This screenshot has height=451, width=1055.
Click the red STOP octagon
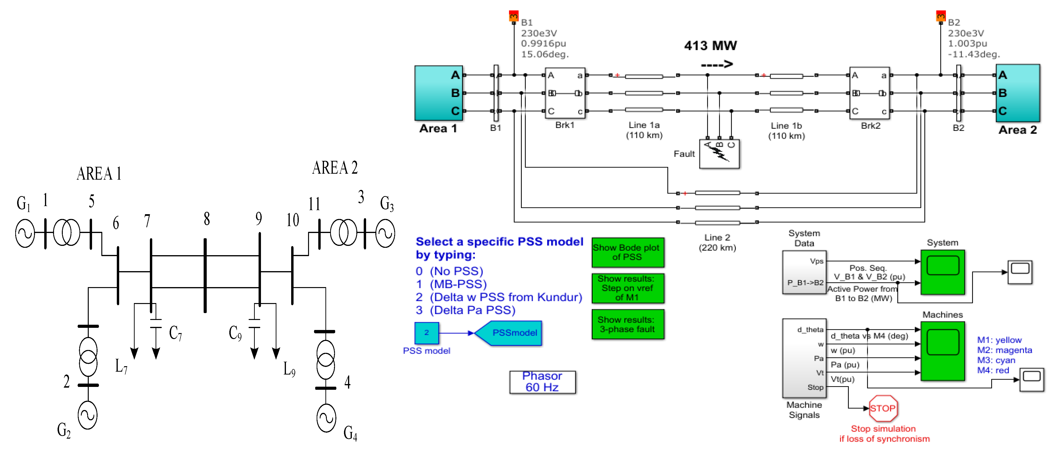tap(883, 408)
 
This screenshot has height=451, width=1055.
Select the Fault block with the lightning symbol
tap(719, 154)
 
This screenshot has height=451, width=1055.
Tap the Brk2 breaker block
tap(869, 93)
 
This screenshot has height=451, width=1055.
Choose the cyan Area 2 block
tap(1018, 93)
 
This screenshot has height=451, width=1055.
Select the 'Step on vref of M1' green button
tap(628, 288)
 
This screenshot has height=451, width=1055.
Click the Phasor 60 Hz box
tap(542, 382)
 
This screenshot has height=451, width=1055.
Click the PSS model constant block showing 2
tap(426, 333)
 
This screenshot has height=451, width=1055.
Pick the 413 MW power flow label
tap(710, 46)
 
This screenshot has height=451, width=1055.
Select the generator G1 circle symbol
tap(25, 233)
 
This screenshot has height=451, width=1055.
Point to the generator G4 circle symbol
tap(326, 418)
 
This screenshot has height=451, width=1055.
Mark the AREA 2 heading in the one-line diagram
tap(335, 168)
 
